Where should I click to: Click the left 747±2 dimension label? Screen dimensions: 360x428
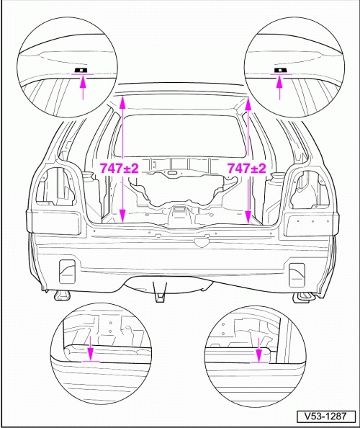click(120, 168)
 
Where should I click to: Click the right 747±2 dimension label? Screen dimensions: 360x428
click(247, 168)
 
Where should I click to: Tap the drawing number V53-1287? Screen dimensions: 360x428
click(326, 416)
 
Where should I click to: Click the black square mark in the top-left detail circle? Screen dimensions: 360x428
click(81, 70)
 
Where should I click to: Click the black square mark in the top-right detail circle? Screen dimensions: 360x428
click(279, 70)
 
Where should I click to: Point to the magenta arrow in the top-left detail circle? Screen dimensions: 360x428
click(84, 88)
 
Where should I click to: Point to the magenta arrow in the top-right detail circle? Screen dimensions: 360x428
click(279, 88)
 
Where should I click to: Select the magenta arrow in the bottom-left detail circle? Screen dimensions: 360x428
click(90, 348)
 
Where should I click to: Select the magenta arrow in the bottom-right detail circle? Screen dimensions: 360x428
click(258, 350)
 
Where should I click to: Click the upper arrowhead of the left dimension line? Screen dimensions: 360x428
click(123, 104)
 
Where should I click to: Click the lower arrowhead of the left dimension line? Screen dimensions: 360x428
click(122, 215)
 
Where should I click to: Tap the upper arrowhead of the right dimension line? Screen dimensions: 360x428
click(248, 105)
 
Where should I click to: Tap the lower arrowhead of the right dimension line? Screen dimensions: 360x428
click(248, 215)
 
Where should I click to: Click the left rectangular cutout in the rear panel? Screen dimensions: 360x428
click(67, 272)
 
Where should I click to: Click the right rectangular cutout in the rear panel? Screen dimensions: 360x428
click(297, 275)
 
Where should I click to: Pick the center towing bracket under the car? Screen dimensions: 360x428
click(161, 292)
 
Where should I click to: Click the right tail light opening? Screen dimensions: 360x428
click(307, 189)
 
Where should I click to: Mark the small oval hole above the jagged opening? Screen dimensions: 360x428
click(172, 173)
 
